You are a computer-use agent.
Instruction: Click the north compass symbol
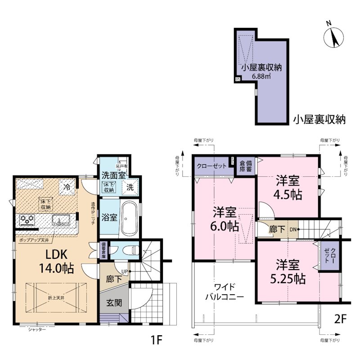[x=333, y=35]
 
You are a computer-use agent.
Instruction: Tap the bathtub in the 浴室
[x=128, y=218]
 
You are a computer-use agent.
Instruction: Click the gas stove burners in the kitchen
[x=27, y=220]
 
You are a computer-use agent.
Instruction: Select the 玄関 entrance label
[x=113, y=303]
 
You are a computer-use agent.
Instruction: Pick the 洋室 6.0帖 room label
[x=225, y=219]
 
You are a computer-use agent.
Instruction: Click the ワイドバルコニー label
[x=224, y=292]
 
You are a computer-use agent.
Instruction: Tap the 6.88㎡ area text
[x=261, y=76]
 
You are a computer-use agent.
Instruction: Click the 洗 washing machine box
[x=129, y=187]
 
